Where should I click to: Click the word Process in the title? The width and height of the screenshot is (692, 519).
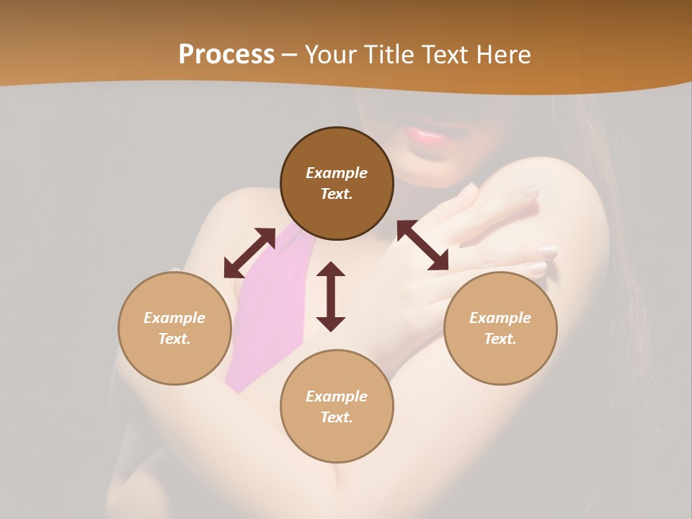point(226,55)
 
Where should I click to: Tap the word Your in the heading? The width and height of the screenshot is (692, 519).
point(329,55)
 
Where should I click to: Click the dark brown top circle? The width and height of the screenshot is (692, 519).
point(337,184)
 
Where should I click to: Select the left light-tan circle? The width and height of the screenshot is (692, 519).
point(174,328)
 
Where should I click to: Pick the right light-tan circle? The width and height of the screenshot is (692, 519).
point(500,328)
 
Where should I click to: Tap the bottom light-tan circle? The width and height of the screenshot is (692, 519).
point(337,407)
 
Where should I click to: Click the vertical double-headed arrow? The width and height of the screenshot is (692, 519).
point(331,296)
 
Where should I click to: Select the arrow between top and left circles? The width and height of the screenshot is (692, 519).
point(249,253)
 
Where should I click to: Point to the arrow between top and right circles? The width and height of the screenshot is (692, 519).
point(422,245)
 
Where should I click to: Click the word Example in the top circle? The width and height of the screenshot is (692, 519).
point(337,173)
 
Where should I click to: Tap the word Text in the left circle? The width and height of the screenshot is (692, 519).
point(174,339)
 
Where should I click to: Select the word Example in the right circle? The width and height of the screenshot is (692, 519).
point(500,318)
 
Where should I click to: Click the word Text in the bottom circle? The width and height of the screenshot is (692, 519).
point(337,417)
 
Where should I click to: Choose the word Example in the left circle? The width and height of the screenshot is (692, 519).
point(174,318)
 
